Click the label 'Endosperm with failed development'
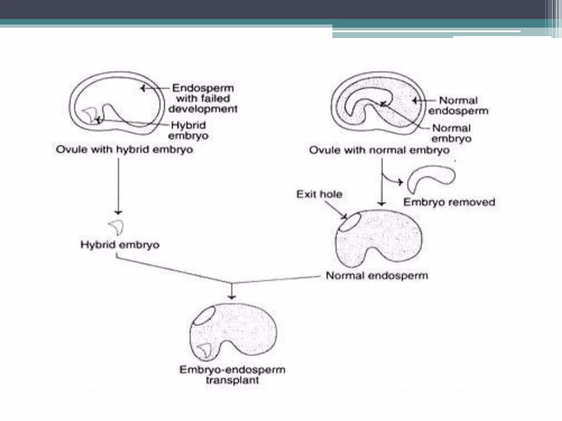point(203,98)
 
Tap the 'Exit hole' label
point(319,194)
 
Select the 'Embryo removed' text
point(449,202)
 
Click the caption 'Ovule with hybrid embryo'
point(124,150)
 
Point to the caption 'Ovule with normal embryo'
point(379,150)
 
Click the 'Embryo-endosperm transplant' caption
point(232,375)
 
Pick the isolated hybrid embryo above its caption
point(117,227)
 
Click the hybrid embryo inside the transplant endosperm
point(205,350)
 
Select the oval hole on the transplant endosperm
point(204,316)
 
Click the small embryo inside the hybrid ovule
point(91,114)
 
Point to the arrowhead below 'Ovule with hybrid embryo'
point(118,212)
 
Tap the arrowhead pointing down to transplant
point(232,297)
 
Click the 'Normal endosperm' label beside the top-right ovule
point(458,106)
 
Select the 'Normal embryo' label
point(451,133)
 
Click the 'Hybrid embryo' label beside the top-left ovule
point(188,130)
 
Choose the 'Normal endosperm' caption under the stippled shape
point(376,276)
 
